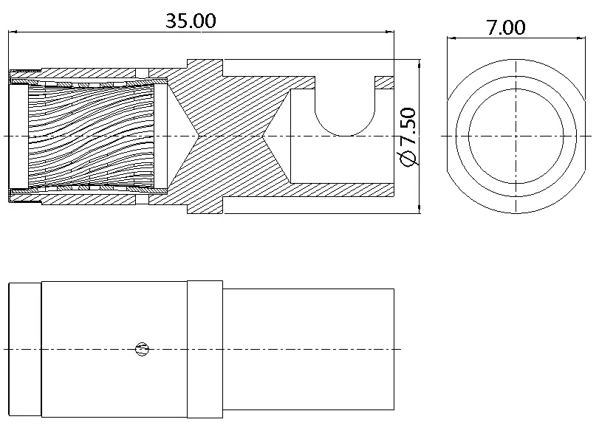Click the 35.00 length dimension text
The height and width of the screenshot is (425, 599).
(191, 21)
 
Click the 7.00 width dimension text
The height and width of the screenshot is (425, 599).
(505, 27)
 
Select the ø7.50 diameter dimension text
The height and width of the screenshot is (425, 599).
(407, 137)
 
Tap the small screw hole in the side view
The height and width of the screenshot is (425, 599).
(142, 349)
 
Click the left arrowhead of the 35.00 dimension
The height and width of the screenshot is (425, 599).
(13, 32)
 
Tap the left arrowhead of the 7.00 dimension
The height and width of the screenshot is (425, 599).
(451, 38)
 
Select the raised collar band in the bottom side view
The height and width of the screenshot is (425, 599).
(205, 349)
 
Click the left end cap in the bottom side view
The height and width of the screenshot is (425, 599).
(25, 350)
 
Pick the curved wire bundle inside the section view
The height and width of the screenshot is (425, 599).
(91, 137)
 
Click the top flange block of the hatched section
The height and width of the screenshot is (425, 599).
(205, 68)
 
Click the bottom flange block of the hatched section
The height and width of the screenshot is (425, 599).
(205, 205)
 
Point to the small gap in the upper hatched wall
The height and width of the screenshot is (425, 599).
(142, 73)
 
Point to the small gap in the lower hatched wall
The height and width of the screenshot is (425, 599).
(142, 200)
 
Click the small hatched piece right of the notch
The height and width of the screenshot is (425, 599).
(384, 83)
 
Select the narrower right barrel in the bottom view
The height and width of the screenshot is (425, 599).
(308, 349)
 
